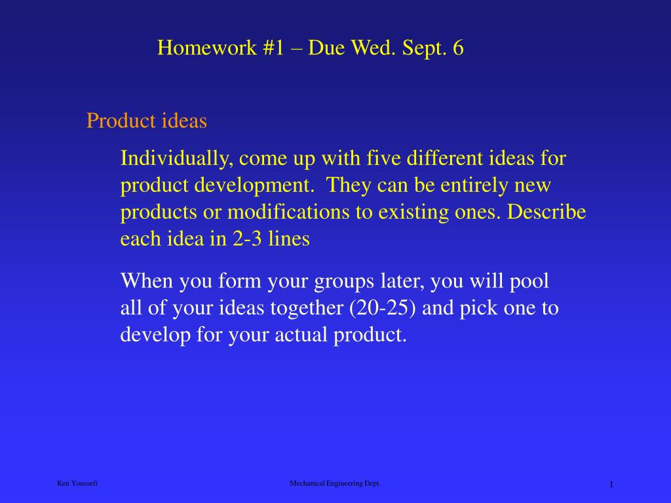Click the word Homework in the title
[206, 47]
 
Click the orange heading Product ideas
[147, 121]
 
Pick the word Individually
[177, 158]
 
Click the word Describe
[546, 212]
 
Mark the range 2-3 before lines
[247, 238]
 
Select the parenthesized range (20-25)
[382, 308]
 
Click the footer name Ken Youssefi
[77, 483]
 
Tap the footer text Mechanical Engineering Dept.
[335, 484]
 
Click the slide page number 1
[611, 485]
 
